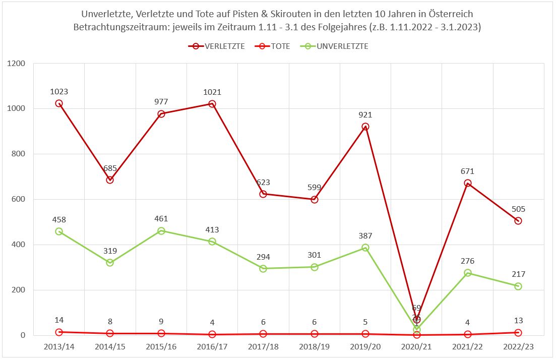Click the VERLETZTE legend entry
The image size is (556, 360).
[217, 46]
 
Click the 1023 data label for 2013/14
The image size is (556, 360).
[59, 92]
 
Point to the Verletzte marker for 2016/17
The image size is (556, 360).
[212, 104]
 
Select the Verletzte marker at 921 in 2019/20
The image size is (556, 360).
[365, 127]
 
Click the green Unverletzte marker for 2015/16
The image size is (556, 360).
[161, 231]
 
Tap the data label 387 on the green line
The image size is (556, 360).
[365, 236]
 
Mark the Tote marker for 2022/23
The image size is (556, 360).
[518, 332]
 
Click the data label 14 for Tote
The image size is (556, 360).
[59, 320]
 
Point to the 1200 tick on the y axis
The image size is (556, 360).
[18, 64]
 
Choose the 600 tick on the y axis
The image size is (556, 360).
[21, 200]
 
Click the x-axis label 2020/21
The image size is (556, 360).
[416, 347]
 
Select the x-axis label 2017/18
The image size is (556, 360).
[263, 347]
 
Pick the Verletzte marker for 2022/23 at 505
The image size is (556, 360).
[518, 221]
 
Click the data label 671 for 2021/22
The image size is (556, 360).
[467, 171]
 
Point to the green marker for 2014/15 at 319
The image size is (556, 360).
[110, 263]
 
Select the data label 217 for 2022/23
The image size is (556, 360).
[518, 274]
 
